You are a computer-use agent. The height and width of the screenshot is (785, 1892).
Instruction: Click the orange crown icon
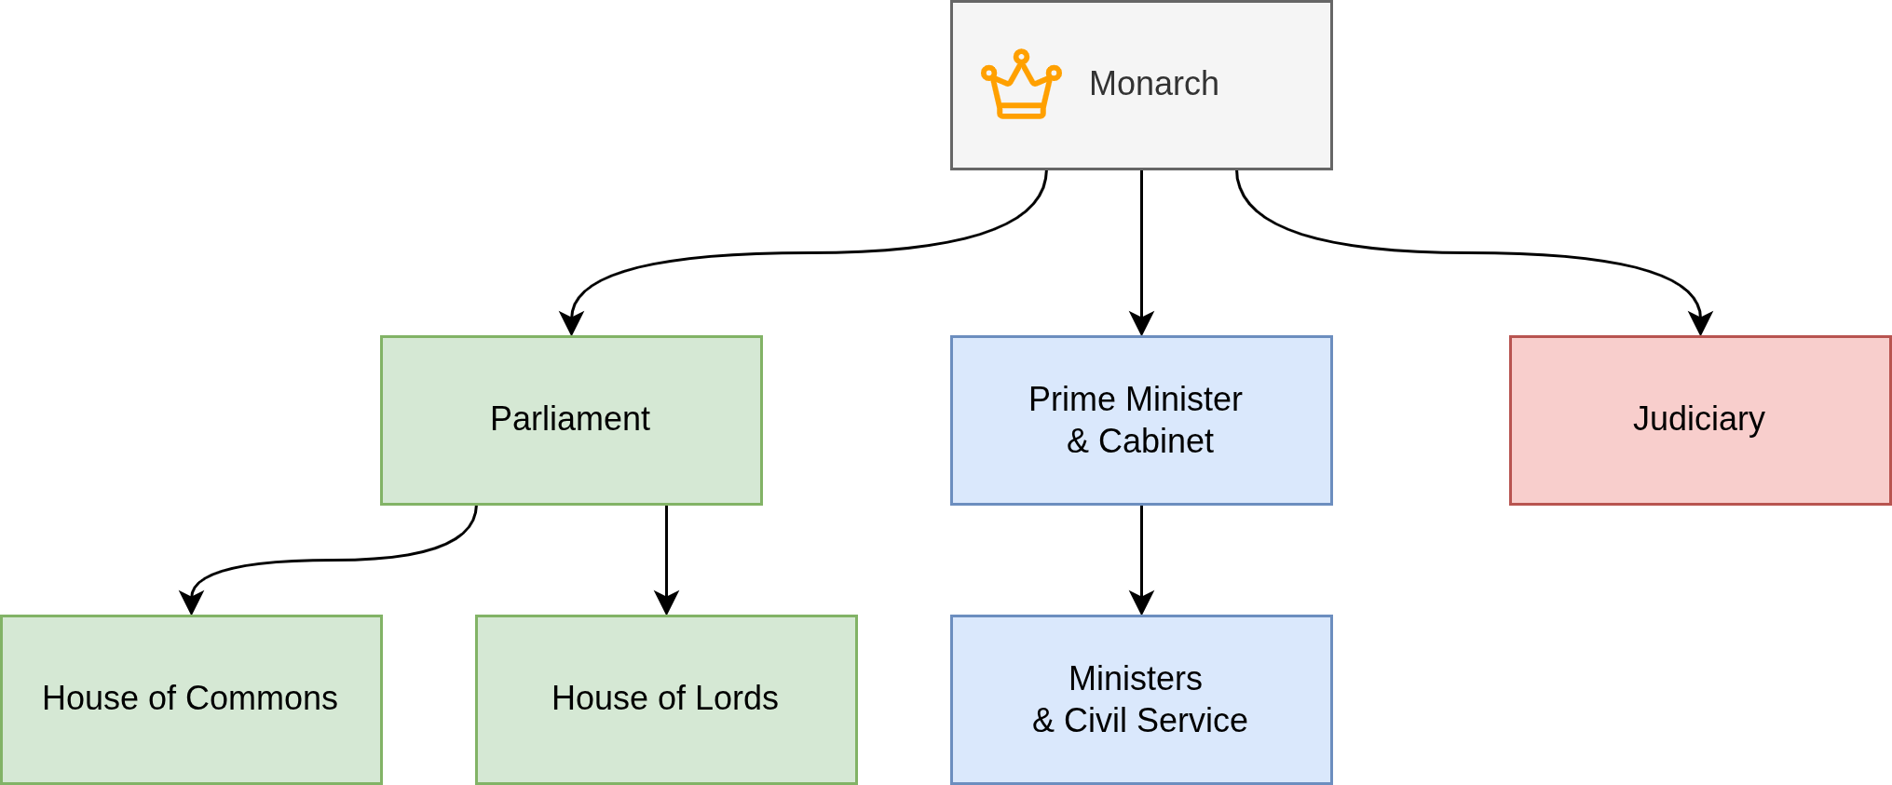coord(1021,85)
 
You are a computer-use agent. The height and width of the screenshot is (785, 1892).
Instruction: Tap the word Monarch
coord(1153,84)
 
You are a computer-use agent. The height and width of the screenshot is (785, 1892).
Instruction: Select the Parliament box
coord(571,466)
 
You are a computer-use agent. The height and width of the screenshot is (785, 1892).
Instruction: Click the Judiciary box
coord(1699,466)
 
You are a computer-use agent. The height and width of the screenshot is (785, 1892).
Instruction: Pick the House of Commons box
coord(191,745)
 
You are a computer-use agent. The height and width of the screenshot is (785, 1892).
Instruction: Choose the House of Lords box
coord(666,745)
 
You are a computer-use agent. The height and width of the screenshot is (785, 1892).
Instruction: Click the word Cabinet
coord(1155,441)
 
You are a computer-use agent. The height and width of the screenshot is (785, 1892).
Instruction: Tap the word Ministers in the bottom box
coord(1135,679)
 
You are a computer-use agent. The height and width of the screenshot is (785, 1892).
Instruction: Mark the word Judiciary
coord(1698,419)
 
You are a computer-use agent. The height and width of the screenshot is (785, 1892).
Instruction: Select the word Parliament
coord(569,419)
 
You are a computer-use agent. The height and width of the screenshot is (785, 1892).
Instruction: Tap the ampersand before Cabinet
coord(1077,441)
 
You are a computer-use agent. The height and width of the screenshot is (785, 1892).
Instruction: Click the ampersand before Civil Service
coord(1042,721)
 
